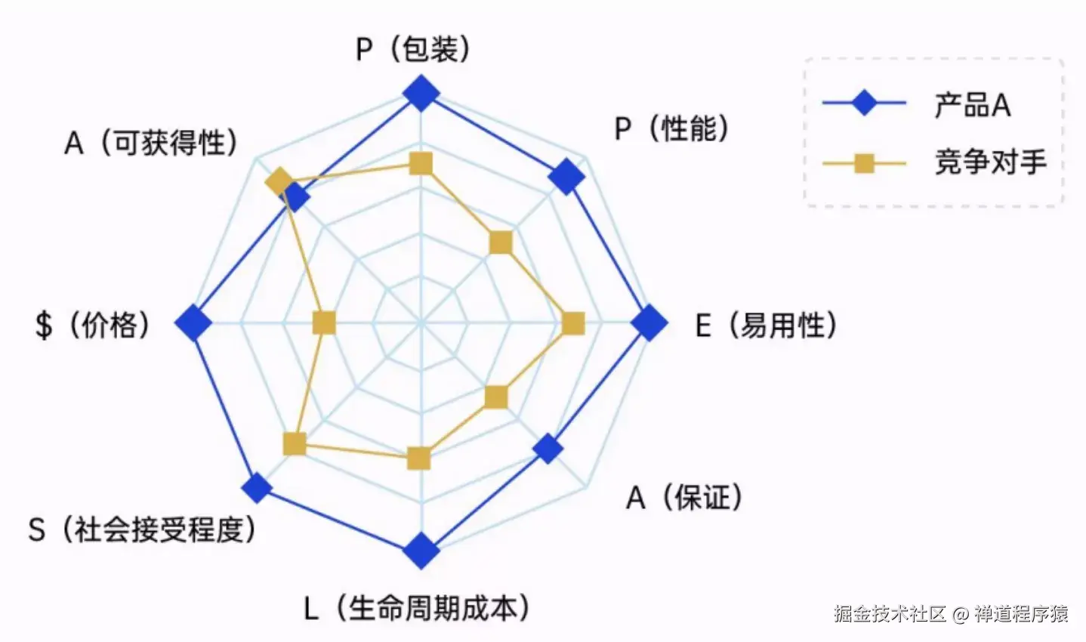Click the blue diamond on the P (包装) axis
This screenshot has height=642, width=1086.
coord(421,94)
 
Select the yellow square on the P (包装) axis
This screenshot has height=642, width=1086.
coord(421,163)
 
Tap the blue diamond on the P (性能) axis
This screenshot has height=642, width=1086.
coord(566,177)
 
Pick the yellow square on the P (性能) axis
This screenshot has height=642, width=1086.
coord(501,242)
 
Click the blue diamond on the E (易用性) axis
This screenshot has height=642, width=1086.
coord(649,323)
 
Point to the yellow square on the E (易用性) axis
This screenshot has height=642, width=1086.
coord(574,323)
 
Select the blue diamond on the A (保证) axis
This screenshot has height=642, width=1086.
coord(548,449)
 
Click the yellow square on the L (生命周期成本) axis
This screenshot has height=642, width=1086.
coord(418,458)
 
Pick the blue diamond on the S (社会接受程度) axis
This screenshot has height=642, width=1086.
coord(257,488)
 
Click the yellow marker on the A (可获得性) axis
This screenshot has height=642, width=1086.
coord(279,181)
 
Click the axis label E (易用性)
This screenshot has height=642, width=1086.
coord(766,325)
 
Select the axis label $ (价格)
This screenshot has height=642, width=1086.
coord(92,325)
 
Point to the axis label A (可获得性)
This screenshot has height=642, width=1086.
coord(151,142)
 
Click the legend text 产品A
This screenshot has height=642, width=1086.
coord(972,105)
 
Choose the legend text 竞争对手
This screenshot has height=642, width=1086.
coord(990,162)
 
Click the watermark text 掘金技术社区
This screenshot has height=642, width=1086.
coord(889,613)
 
